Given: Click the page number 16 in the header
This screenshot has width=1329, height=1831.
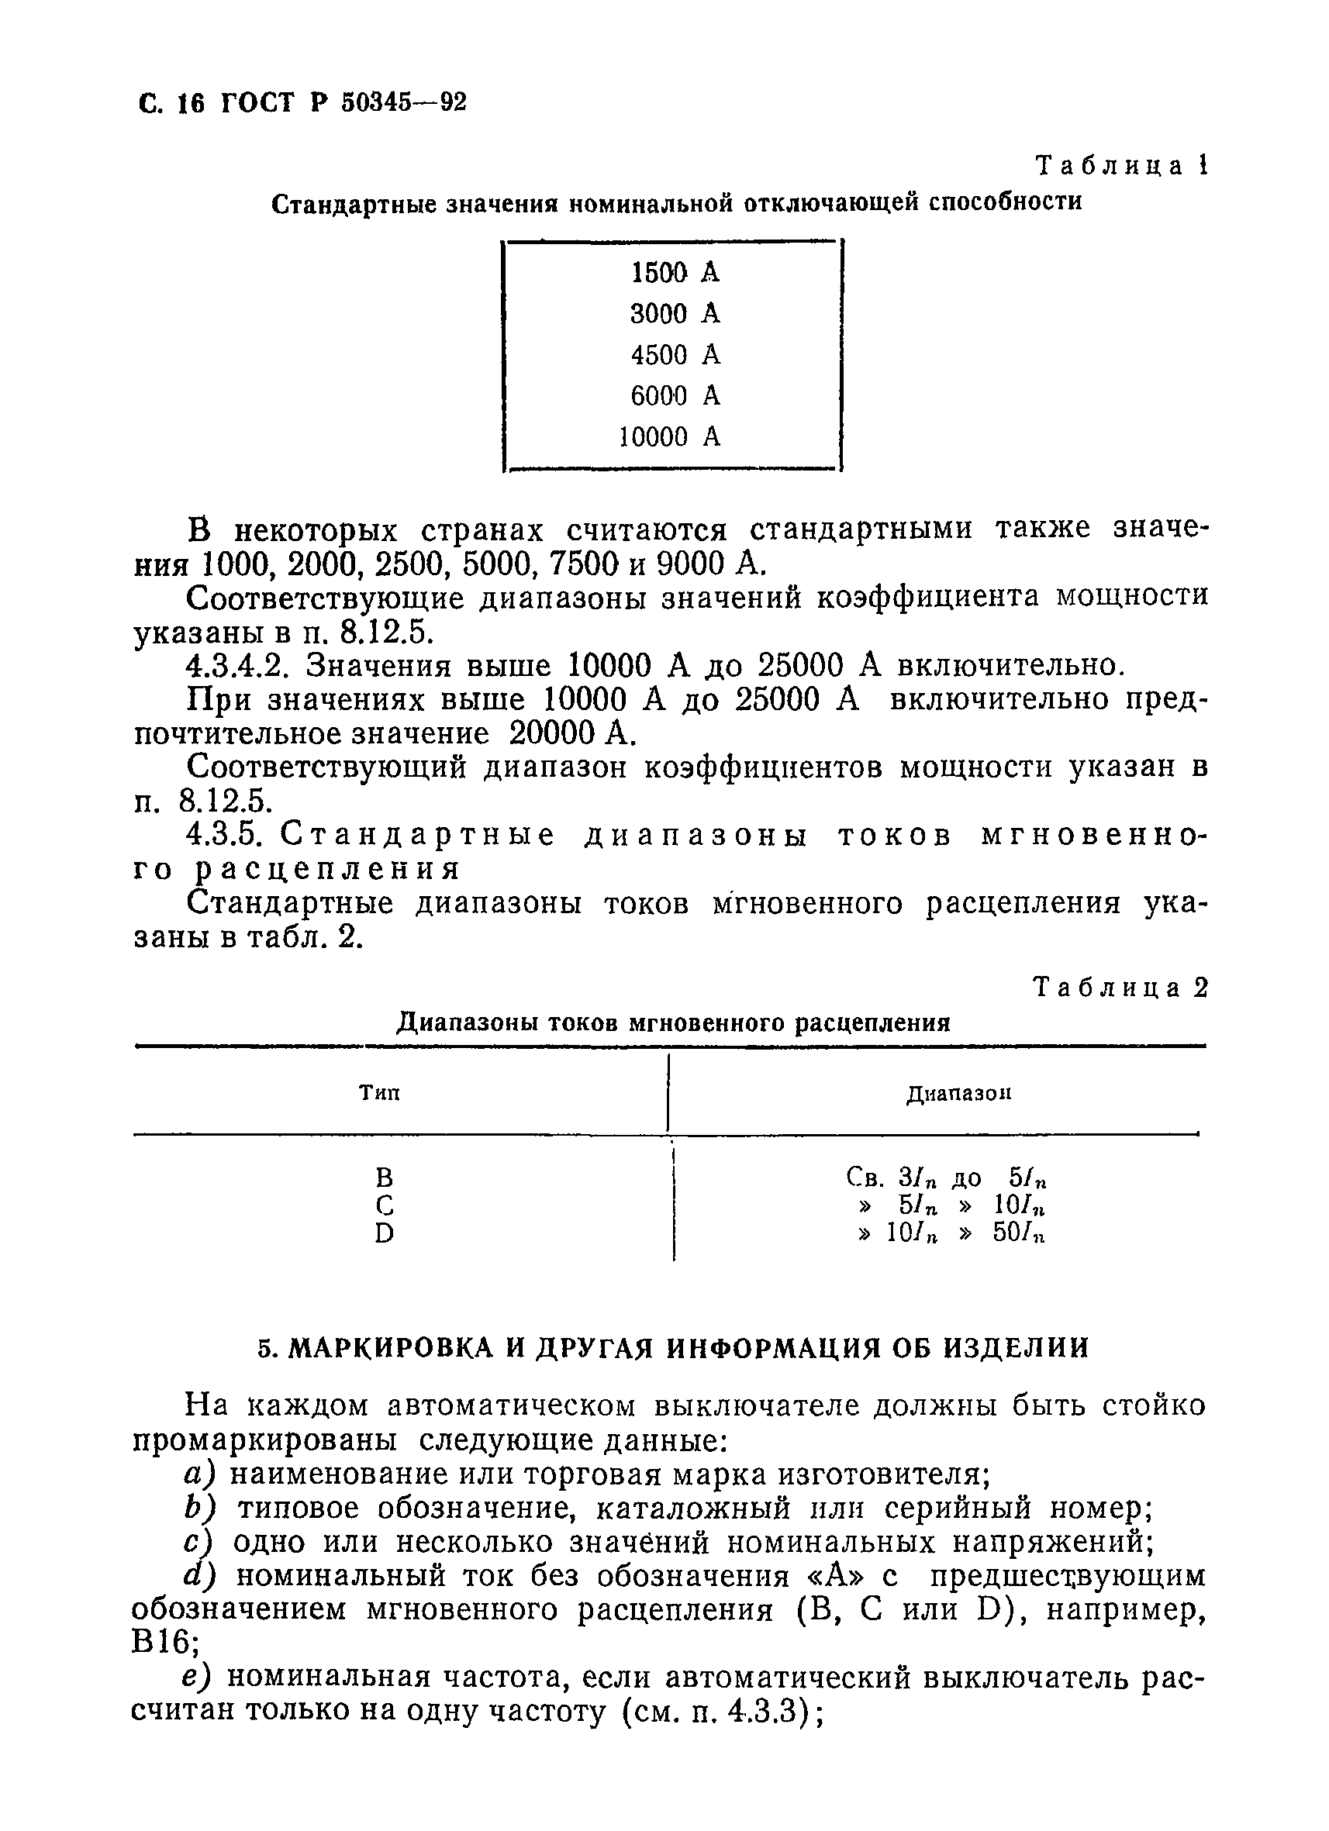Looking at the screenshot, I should (193, 103).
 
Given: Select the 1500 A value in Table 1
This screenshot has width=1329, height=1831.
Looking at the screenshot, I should (674, 274).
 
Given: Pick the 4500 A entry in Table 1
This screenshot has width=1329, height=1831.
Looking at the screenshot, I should (674, 355).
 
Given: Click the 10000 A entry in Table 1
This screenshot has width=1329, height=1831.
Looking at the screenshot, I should (668, 437).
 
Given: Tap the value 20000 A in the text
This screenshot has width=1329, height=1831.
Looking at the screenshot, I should (568, 734).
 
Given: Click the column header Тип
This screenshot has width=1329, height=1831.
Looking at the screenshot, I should (379, 1093).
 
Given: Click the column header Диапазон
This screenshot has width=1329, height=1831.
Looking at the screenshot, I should (958, 1094).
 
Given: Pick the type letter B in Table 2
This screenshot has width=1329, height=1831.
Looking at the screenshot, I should (385, 1177).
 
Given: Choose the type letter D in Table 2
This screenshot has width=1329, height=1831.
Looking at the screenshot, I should (385, 1233).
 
